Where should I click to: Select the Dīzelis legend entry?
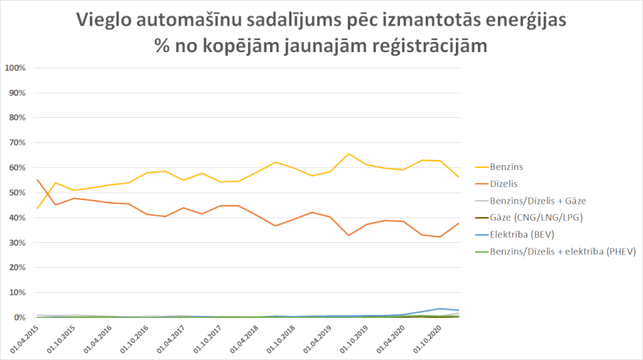click(504, 183)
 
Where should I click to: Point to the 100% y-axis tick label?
click(16, 68)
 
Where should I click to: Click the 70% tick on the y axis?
click(17, 143)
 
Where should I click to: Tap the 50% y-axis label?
click(17, 193)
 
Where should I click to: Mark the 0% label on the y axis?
click(19, 318)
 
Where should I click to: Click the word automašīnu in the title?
click(189, 21)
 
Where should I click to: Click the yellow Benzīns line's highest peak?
click(348, 154)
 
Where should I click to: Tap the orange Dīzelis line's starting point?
click(37, 179)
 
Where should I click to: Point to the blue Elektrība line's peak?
click(441, 309)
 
